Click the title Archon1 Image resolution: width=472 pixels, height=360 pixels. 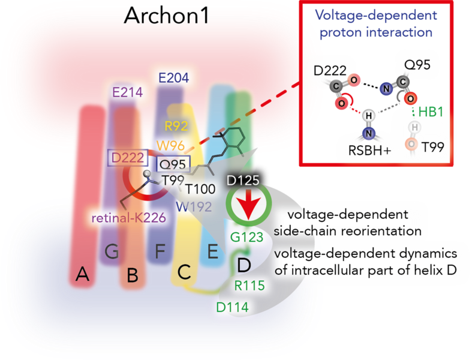click(x=167, y=16)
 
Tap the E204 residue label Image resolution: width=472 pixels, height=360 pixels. click(x=174, y=78)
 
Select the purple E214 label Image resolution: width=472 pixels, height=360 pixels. click(x=127, y=92)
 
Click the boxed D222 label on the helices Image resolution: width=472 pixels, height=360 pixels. click(x=128, y=158)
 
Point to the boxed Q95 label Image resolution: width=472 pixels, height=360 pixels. click(x=173, y=164)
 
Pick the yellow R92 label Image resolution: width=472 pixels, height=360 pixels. click(x=176, y=126)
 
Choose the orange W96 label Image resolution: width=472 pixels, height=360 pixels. click(x=170, y=146)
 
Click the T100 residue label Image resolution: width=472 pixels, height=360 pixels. click(x=200, y=189)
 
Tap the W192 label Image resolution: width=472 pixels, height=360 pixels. click(x=194, y=207)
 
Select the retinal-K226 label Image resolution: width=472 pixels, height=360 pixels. click(x=129, y=218)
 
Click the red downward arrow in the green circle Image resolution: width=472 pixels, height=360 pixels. click(x=249, y=204)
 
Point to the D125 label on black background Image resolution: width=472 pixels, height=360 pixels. click(x=243, y=181)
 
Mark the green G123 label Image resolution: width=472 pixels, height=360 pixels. click(x=247, y=238)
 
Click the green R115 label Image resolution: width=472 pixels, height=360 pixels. click(x=249, y=286)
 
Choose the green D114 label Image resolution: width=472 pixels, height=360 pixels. click(x=232, y=307)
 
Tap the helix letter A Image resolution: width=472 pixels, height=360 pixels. click(x=83, y=274)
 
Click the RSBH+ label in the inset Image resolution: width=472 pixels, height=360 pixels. click(x=369, y=151)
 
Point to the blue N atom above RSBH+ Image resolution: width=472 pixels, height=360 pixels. click(x=369, y=133)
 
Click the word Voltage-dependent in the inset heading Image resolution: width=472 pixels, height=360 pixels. click(x=376, y=15)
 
